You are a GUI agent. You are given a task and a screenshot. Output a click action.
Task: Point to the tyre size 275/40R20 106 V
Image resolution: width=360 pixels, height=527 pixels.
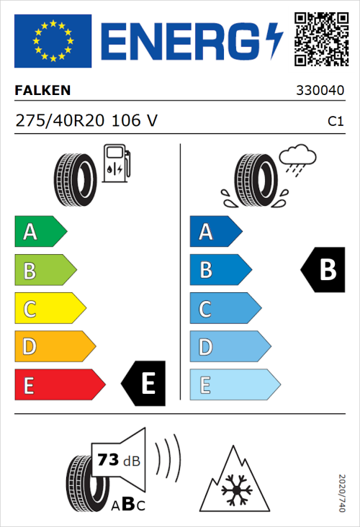pos(86,122)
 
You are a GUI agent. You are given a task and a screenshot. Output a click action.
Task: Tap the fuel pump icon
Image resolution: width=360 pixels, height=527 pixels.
pos(116,163)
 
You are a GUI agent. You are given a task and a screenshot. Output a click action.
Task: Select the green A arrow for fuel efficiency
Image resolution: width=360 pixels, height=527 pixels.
pos(40,232)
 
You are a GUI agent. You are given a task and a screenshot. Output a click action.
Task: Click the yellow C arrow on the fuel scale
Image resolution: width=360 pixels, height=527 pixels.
pos(49,309)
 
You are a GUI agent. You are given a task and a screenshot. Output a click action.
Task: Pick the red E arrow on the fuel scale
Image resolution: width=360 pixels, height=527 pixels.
pos(59,384)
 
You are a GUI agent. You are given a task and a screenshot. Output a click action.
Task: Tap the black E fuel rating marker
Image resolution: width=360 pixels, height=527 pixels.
pos(145,384)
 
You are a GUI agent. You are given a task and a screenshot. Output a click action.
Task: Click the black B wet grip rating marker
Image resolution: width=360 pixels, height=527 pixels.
pos(321,270)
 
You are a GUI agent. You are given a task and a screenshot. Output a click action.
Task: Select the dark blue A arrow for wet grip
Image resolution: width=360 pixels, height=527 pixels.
pos(215,232)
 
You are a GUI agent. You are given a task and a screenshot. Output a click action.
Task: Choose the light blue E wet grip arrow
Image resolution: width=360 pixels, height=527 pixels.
pos(234,384)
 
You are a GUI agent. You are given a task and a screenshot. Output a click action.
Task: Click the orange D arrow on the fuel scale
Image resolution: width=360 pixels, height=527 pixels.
pos(54,347)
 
